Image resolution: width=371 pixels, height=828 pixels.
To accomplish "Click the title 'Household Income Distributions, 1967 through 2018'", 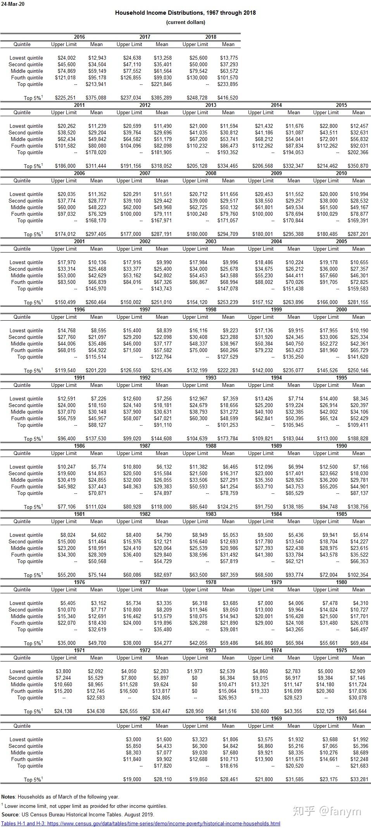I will click(x=185, y=13).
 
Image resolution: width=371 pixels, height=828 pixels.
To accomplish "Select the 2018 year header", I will click(x=211, y=37).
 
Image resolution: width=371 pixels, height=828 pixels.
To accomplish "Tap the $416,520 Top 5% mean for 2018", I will click(x=228, y=98).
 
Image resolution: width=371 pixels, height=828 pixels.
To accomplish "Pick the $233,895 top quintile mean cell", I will click(x=228, y=84).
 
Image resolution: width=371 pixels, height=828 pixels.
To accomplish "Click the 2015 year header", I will click(x=342, y=105).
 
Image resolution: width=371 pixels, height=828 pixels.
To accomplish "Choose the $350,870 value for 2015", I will click(x=359, y=166).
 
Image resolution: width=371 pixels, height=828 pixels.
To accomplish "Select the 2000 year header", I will click(x=342, y=310).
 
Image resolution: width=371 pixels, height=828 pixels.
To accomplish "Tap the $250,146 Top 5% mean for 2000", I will click(x=359, y=371).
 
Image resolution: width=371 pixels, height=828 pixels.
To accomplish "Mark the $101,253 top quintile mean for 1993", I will click(x=228, y=425).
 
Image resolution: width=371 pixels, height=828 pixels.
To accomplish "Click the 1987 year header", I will click(x=145, y=446).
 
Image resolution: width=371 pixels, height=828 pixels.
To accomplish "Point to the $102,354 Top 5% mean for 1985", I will click(x=359, y=575).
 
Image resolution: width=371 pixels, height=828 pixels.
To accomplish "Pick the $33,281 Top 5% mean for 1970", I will click(x=359, y=780).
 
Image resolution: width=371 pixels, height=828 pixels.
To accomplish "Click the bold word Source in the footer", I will click(x=10, y=814).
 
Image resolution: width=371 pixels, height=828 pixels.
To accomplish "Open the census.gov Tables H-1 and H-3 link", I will click(x=140, y=824).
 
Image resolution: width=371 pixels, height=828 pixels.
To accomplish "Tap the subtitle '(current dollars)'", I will click(x=186, y=22).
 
